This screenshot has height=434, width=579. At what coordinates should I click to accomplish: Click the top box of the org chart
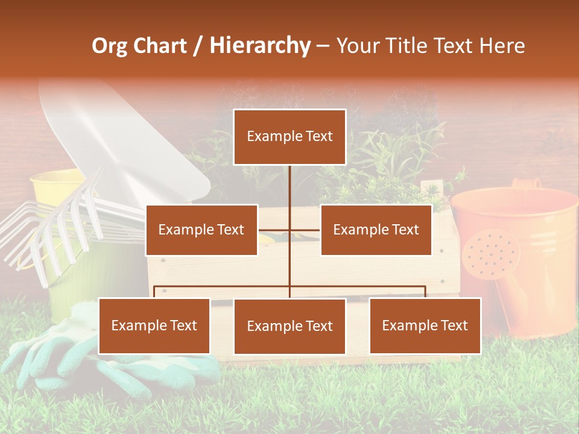tap(289, 137)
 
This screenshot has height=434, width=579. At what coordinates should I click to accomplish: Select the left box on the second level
tap(201, 230)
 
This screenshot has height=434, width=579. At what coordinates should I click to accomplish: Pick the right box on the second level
tap(376, 230)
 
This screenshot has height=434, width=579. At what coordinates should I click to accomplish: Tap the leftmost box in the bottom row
tap(154, 325)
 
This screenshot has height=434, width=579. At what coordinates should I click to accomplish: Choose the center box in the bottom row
tap(289, 326)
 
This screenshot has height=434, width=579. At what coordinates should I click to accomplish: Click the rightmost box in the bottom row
tap(425, 325)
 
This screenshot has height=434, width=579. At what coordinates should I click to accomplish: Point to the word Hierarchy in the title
tap(259, 46)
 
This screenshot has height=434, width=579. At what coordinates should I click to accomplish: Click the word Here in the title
tap(502, 46)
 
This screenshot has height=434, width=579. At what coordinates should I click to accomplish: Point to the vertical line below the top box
tap(289, 187)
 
